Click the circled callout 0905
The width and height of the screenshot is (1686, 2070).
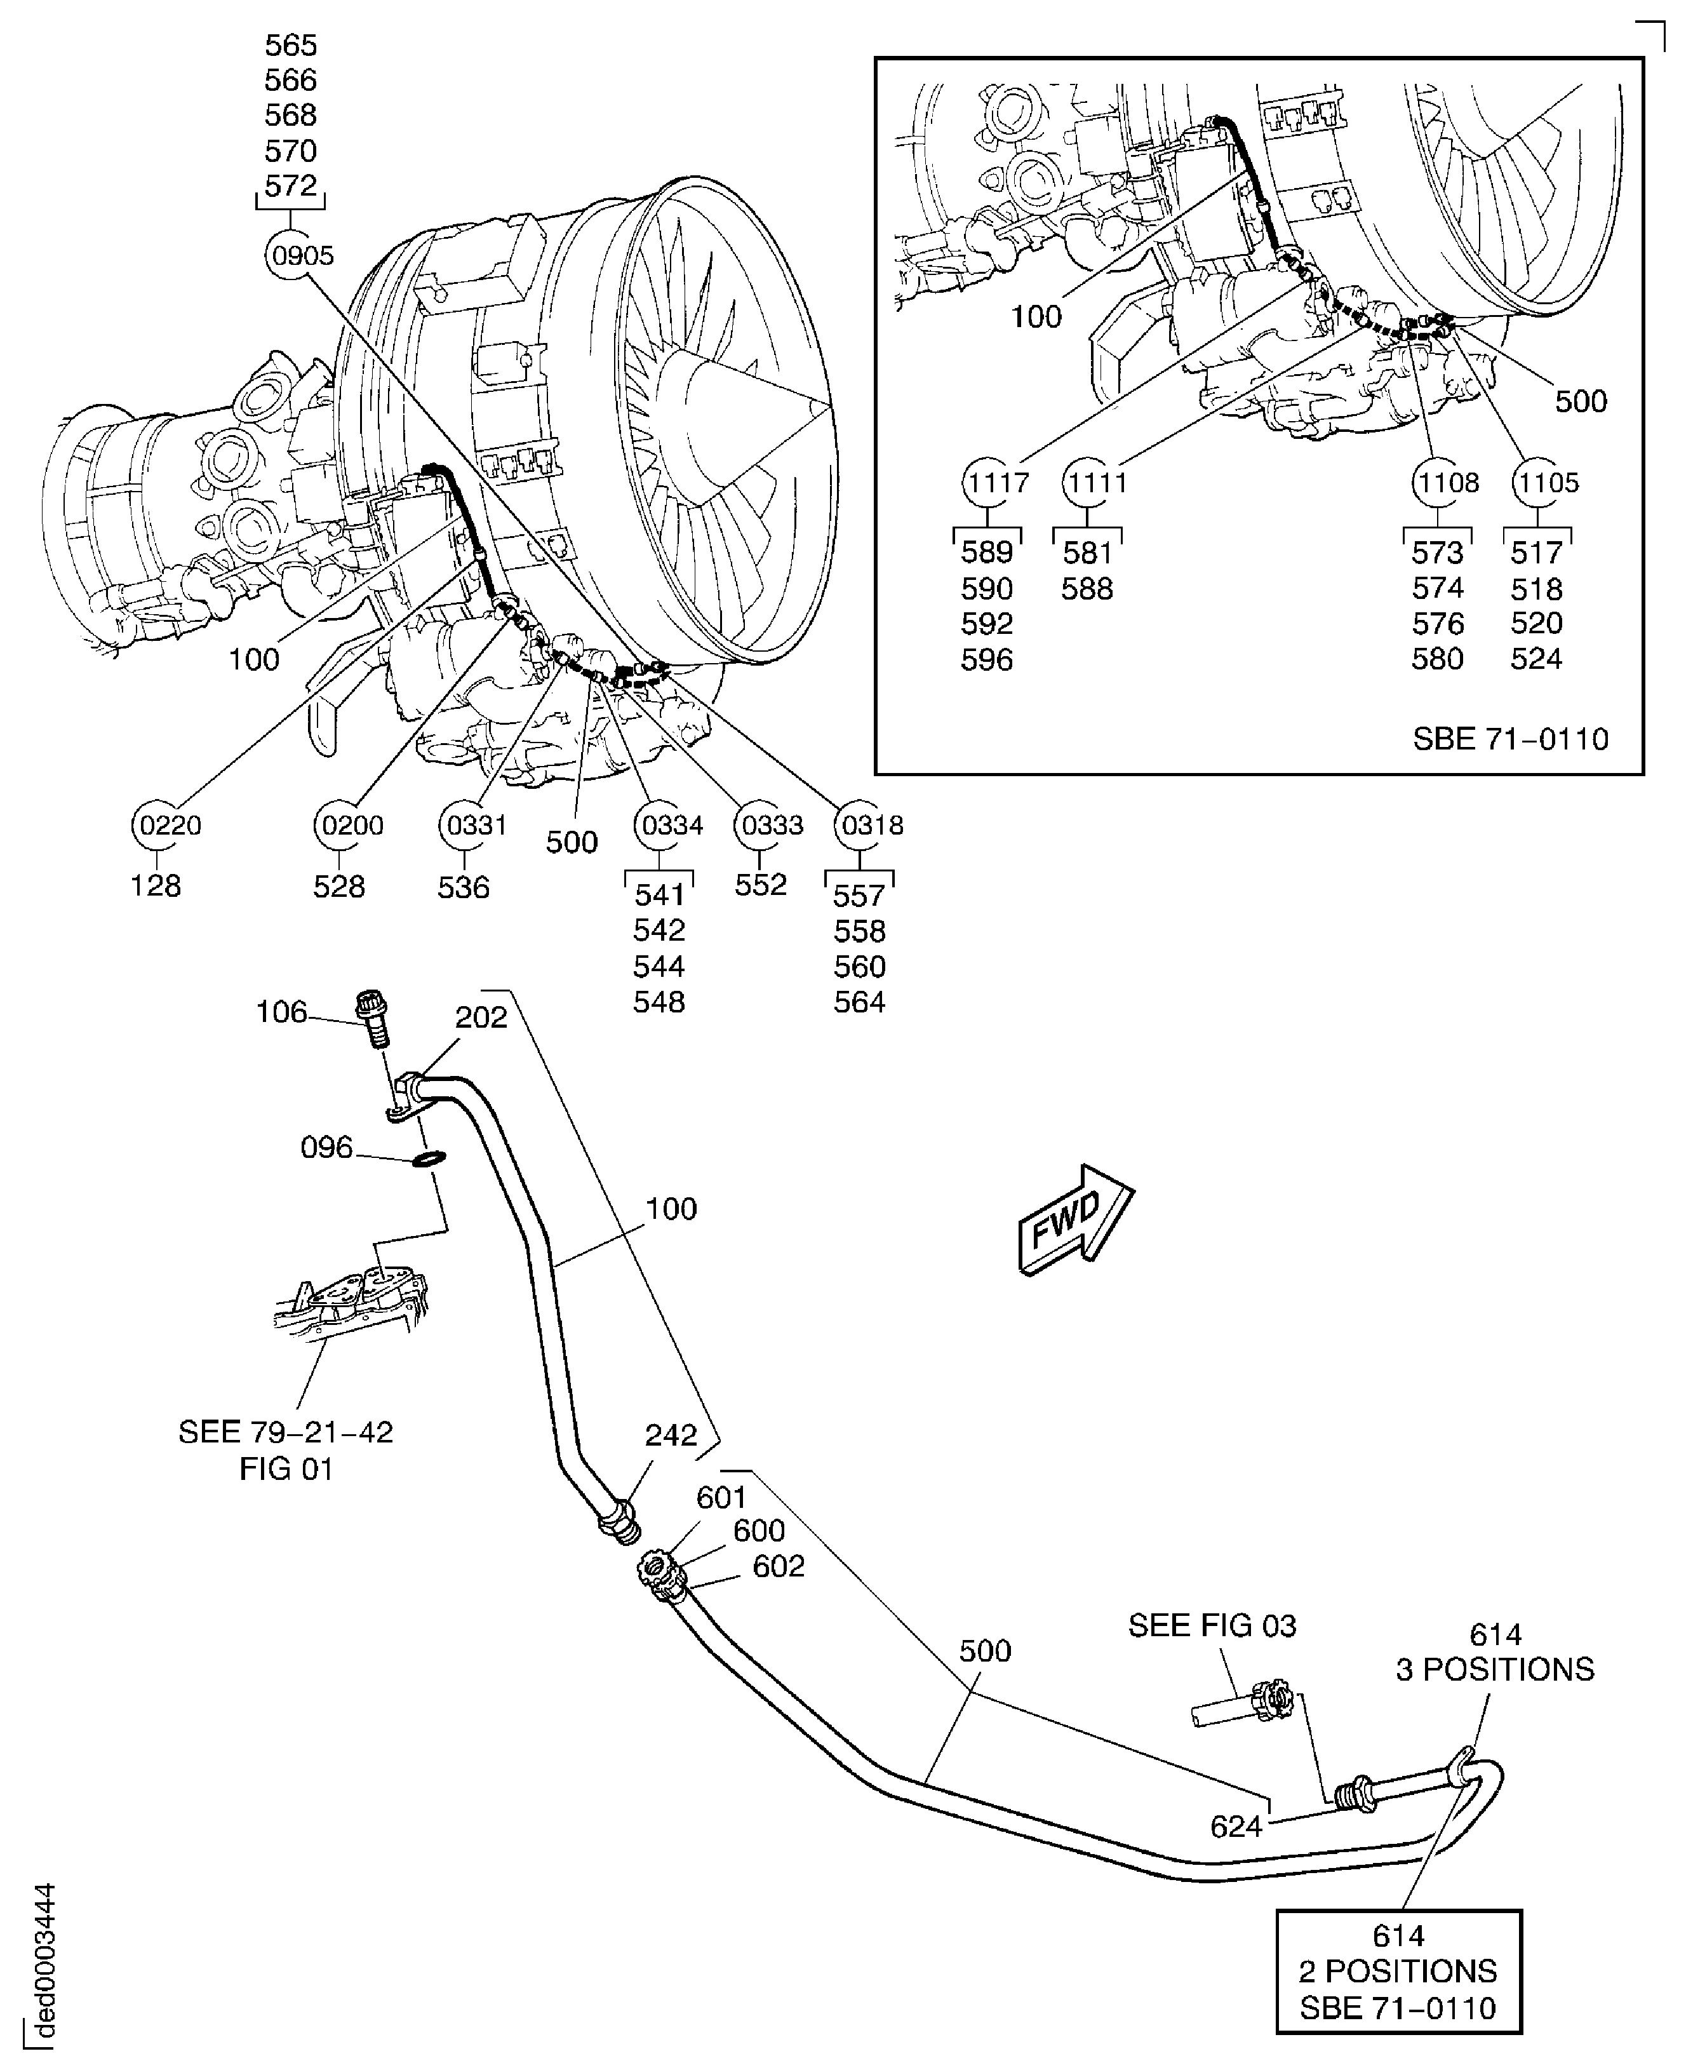tap(301, 257)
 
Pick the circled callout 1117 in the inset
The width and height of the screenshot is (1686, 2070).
tap(996, 483)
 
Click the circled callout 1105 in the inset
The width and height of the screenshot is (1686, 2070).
tap(1547, 483)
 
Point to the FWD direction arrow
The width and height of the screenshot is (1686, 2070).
tap(1074, 1220)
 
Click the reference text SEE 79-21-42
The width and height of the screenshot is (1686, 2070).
tap(286, 1432)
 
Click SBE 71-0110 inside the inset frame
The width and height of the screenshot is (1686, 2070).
tap(1510, 739)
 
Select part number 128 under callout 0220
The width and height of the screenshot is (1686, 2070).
tap(156, 886)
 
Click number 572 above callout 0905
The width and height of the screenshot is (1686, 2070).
tap(290, 185)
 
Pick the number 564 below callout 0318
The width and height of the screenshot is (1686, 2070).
tap(859, 1002)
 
